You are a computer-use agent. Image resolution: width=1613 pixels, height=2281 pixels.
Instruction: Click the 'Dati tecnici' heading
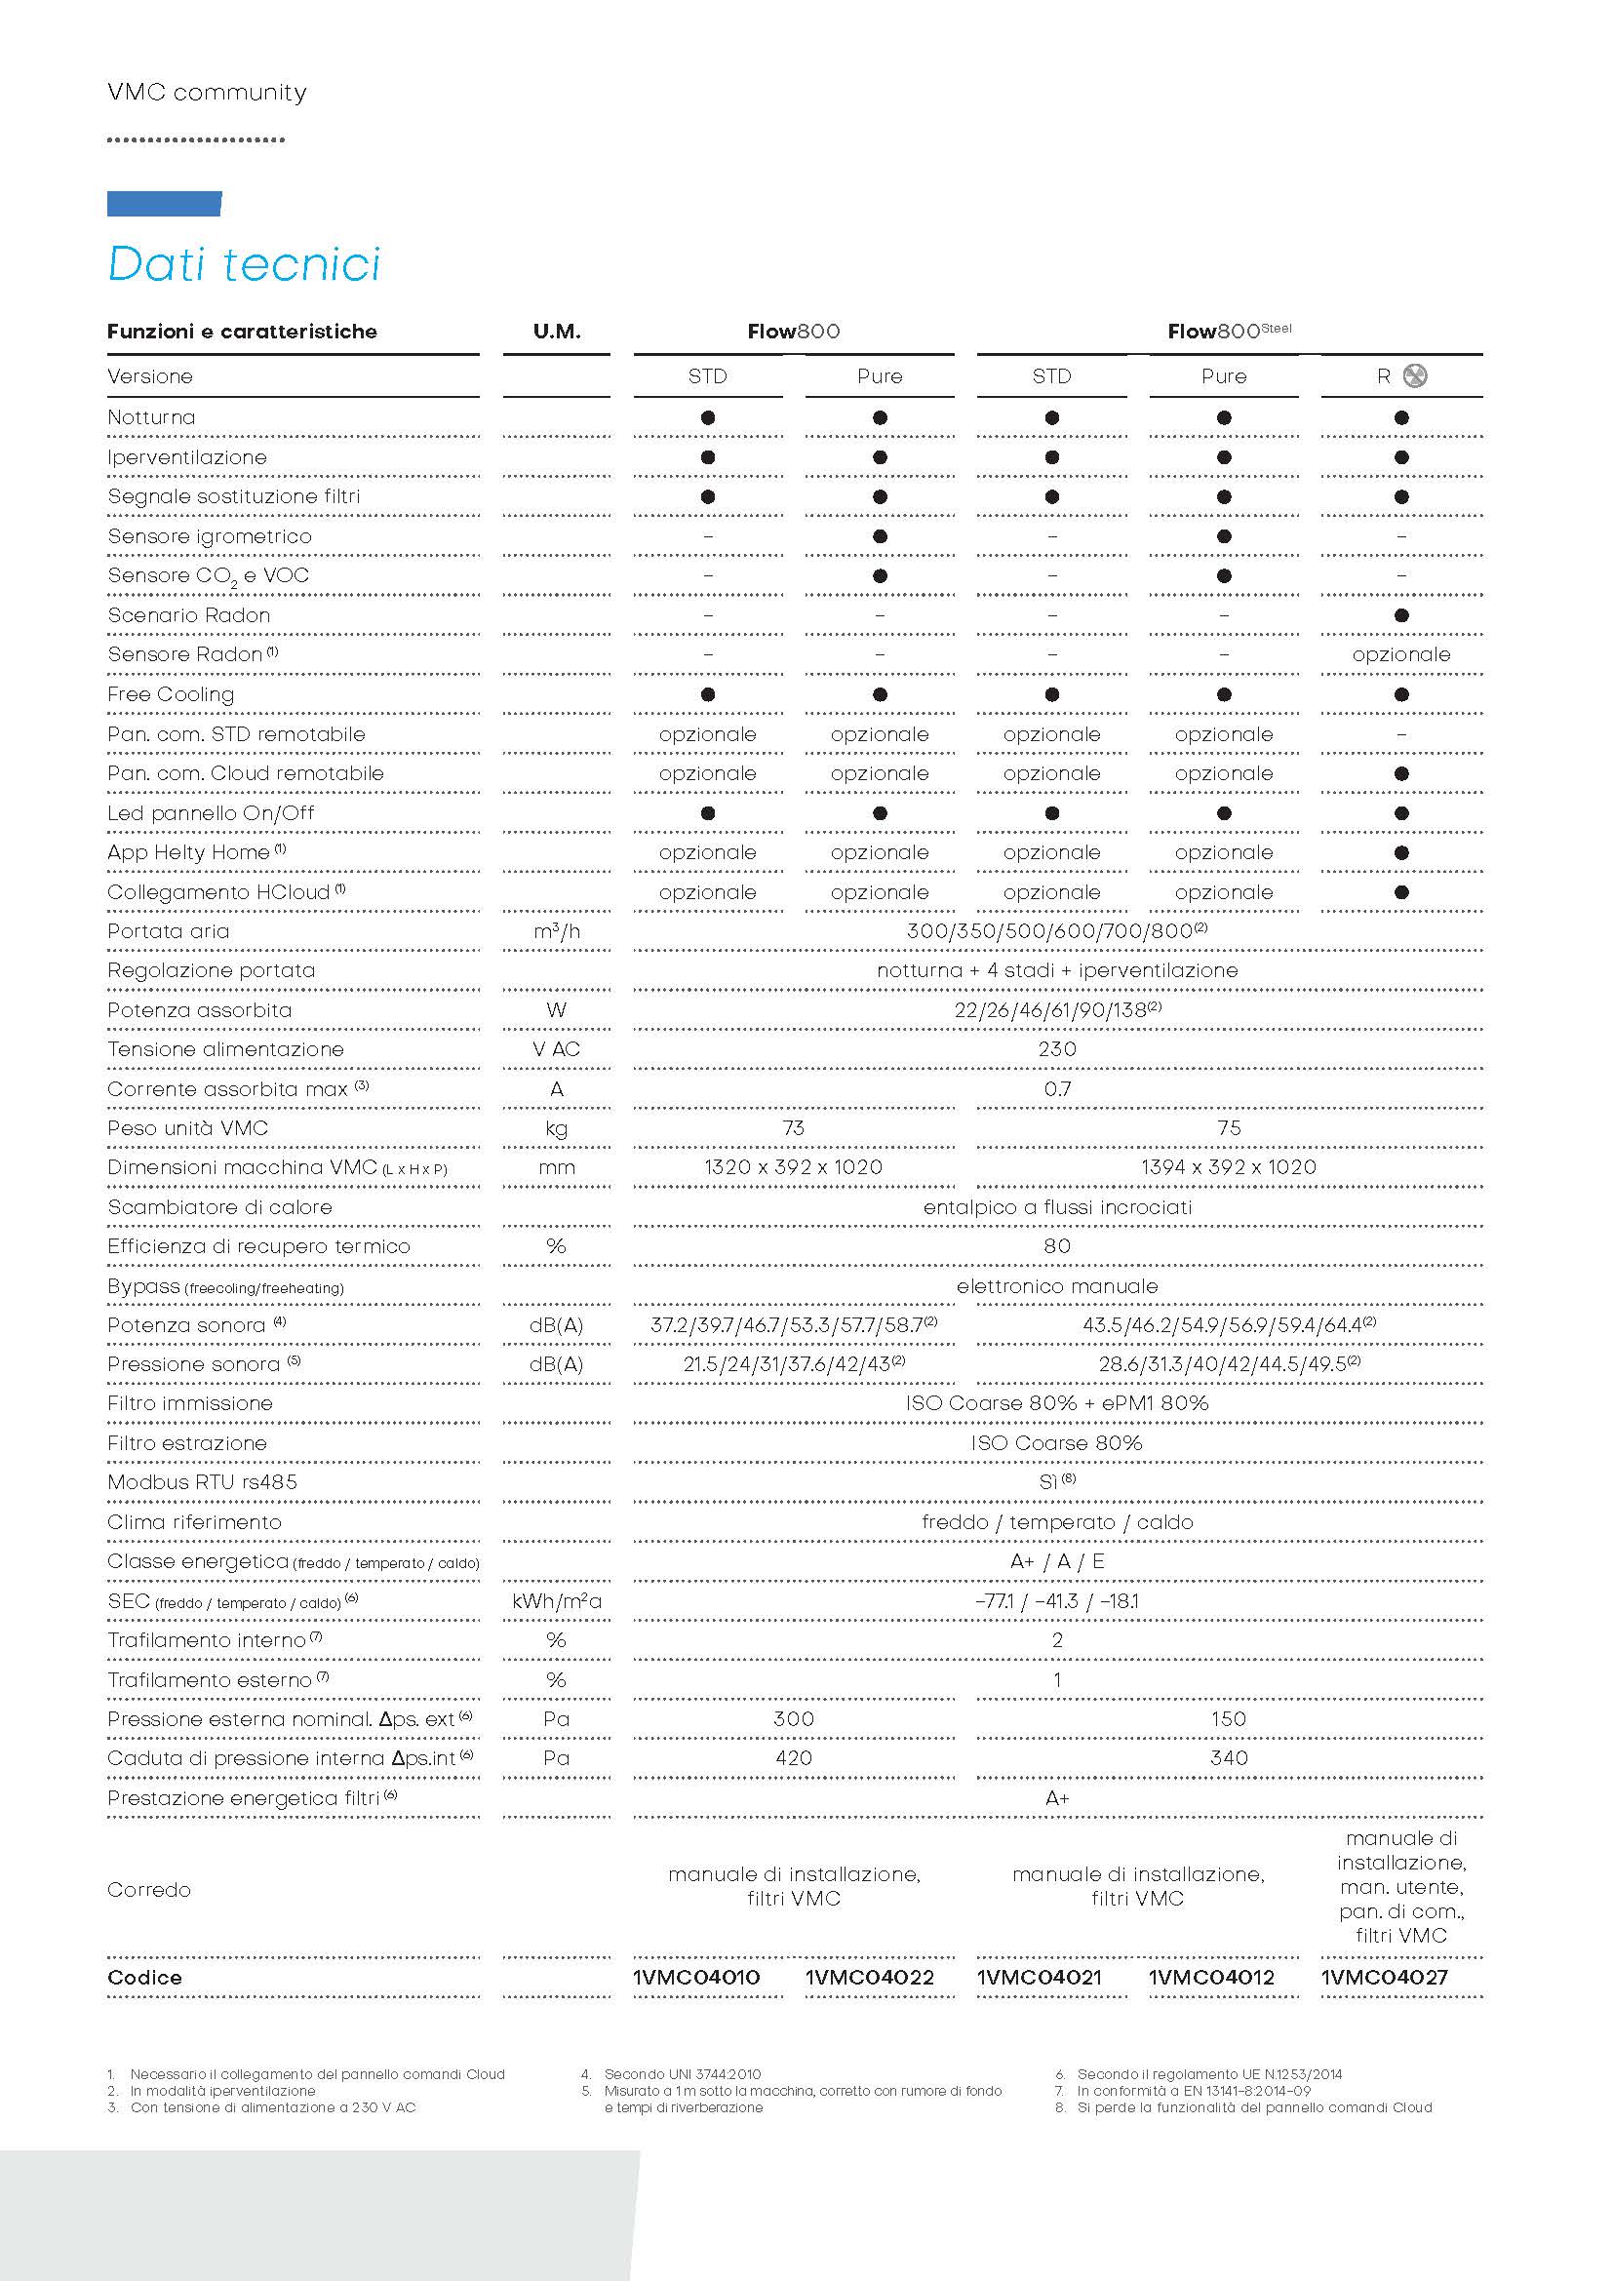pos(244,264)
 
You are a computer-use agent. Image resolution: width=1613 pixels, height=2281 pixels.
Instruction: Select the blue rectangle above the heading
pos(164,204)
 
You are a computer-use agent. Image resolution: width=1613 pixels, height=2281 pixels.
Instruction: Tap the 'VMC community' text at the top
pos(207,93)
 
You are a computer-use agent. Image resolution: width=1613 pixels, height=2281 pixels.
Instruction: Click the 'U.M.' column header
pos(556,332)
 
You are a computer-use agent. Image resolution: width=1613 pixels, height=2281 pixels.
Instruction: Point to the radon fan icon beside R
pos(1416,376)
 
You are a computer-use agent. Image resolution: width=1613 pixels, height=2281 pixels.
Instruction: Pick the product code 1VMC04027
pos(1384,1977)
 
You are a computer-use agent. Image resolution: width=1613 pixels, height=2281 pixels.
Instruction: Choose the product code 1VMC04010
pos(696,1977)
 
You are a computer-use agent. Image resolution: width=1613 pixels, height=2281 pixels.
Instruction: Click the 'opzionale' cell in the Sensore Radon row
pos(1400,654)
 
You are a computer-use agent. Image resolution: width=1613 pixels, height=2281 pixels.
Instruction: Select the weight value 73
pos(793,1127)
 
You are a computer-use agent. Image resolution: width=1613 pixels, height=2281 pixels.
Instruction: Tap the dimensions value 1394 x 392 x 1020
pos(1229,1167)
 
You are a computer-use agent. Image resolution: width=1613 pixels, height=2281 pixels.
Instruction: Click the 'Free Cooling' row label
pos(171,694)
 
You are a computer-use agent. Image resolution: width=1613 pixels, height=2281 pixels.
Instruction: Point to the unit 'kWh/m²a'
pos(556,1601)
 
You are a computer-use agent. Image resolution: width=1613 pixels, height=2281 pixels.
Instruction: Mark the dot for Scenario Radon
pos(1401,615)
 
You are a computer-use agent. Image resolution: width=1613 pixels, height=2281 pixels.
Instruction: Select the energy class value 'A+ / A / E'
pos(1057,1561)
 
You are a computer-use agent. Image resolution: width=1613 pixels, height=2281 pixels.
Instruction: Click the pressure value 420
pos(793,1758)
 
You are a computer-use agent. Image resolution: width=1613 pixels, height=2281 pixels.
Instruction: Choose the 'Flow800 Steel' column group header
pos(1229,332)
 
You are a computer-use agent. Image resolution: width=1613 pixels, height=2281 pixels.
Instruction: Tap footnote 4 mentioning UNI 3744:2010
pos(683,2074)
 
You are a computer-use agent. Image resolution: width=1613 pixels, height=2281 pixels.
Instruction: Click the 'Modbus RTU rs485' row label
pos(203,1482)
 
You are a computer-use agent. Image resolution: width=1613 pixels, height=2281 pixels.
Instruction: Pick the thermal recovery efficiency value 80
pos(1057,1245)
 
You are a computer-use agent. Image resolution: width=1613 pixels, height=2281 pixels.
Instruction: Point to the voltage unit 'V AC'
pos(556,1049)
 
